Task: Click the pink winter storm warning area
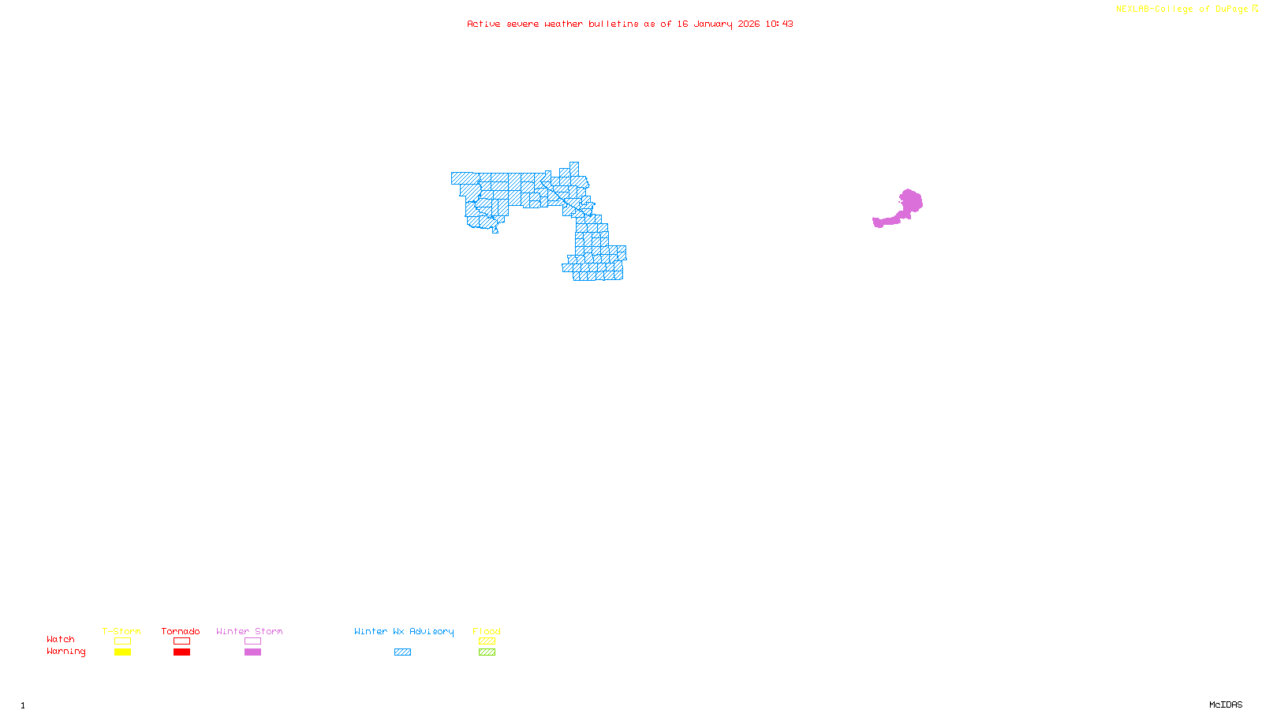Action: tap(909, 204)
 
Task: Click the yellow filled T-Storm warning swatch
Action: tap(122, 652)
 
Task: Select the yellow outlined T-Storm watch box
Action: tap(122, 641)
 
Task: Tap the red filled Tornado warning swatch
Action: tap(181, 652)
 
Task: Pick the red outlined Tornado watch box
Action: tap(181, 641)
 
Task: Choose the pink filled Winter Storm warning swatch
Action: tap(252, 652)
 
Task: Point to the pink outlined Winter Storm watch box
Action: tap(252, 641)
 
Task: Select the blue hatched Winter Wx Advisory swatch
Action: tap(402, 652)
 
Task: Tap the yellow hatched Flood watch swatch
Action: tap(487, 641)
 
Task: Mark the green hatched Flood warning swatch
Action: tap(487, 652)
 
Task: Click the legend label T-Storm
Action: tap(121, 631)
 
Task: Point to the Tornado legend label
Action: tap(181, 631)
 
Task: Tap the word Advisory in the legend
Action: tap(431, 631)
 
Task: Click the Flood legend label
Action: tap(487, 631)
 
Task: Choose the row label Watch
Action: tap(61, 640)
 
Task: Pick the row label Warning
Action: tap(65, 652)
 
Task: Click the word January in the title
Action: tap(713, 24)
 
